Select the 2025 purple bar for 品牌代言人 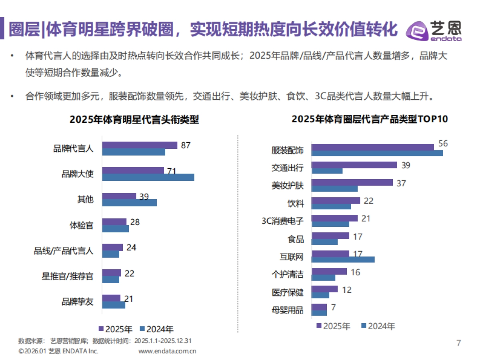point(140,145)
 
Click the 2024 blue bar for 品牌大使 point(148,177)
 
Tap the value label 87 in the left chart point(186,145)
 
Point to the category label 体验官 point(82,225)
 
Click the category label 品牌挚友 point(78,302)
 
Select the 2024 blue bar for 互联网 point(343,260)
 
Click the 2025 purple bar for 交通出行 point(354,165)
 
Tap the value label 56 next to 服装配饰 point(443,144)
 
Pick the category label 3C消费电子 point(282,221)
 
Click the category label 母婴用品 point(288,310)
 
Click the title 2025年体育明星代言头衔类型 point(134,120)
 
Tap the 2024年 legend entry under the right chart point(378,326)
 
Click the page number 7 point(459,343)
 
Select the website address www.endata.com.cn point(167,351)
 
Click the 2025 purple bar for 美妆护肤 point(352,183)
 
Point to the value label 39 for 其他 point(144,196)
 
